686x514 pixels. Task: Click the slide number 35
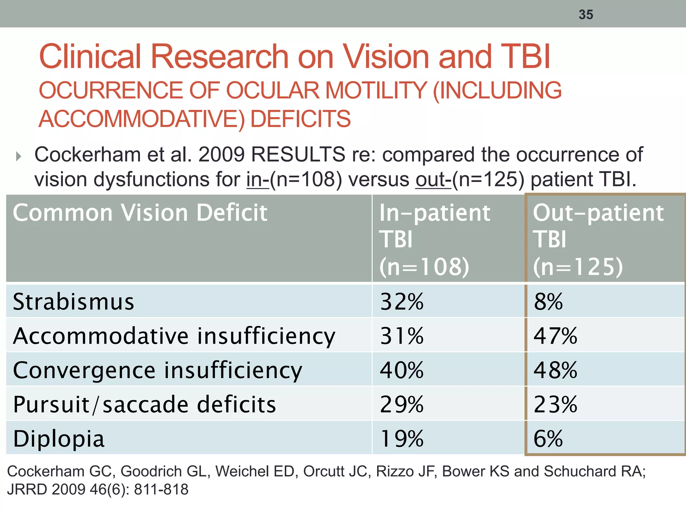tap(586, 15)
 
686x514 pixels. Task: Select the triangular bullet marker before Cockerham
tap(19, 156)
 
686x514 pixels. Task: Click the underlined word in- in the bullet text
tap(258, 180)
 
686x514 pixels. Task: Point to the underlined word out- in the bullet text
tap(433, 180)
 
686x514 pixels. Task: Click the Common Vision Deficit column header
tap(140, 213)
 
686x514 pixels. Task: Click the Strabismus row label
tap(74, 302)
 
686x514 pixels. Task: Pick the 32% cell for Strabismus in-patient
tap(402, 302)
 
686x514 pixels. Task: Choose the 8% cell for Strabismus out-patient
tap(548, 302)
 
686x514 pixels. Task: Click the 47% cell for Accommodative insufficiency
tap(555, 336)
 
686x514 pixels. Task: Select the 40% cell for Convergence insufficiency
tap(402, 370)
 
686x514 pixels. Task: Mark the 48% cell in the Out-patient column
tap(555, 370)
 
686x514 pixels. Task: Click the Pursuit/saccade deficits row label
tap(144, 404)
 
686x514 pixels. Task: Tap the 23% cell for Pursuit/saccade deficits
tap(555, 404)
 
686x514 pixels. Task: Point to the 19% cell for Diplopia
tap(402, 438)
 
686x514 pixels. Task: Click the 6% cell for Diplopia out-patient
tap(548, 438)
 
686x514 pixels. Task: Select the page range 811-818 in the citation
tap(161, 490)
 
